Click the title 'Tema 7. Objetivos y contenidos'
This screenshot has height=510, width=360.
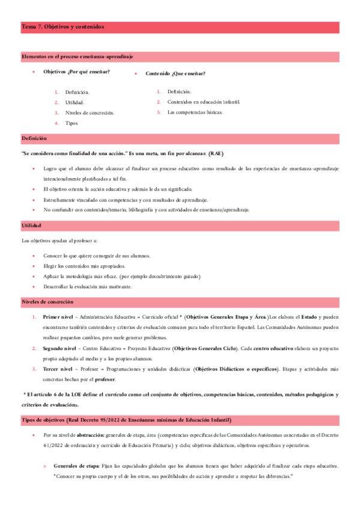(63, 27)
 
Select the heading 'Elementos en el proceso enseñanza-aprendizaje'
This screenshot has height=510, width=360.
(77, 56)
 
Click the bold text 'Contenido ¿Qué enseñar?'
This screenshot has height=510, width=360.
(175, 73)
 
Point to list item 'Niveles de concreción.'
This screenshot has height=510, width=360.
(90, 112)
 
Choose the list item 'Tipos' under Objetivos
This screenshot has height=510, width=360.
(72, 123)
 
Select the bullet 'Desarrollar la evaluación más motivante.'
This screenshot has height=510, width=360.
(88, 286)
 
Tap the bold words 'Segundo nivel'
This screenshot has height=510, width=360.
(59, 348)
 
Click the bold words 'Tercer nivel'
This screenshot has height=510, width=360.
(58, 368)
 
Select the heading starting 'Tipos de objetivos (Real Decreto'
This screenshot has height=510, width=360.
(126, 419)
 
